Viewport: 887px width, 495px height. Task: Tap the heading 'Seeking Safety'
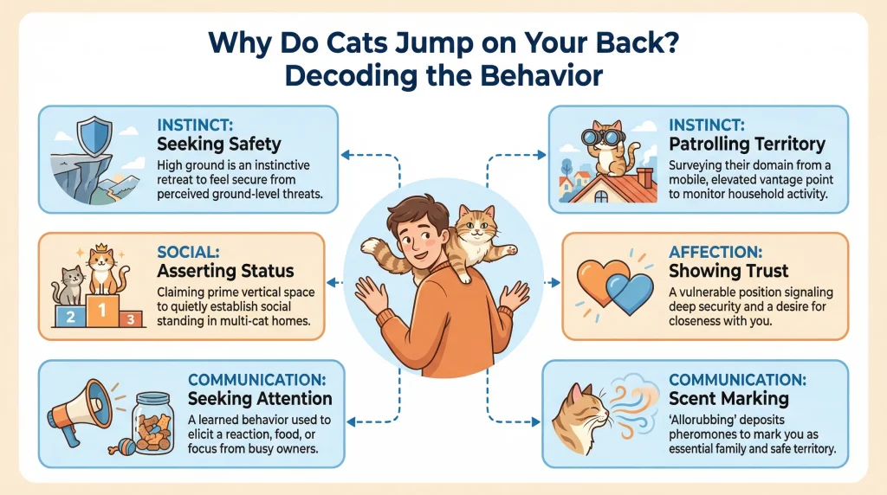click(219, 144)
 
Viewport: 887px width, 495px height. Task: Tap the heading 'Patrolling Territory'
click(747, 144)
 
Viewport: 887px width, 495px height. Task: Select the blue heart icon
click(631, 292)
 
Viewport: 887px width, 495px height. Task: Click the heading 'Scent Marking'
click(728, 398)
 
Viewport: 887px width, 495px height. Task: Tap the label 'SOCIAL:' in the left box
click(187, 252)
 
